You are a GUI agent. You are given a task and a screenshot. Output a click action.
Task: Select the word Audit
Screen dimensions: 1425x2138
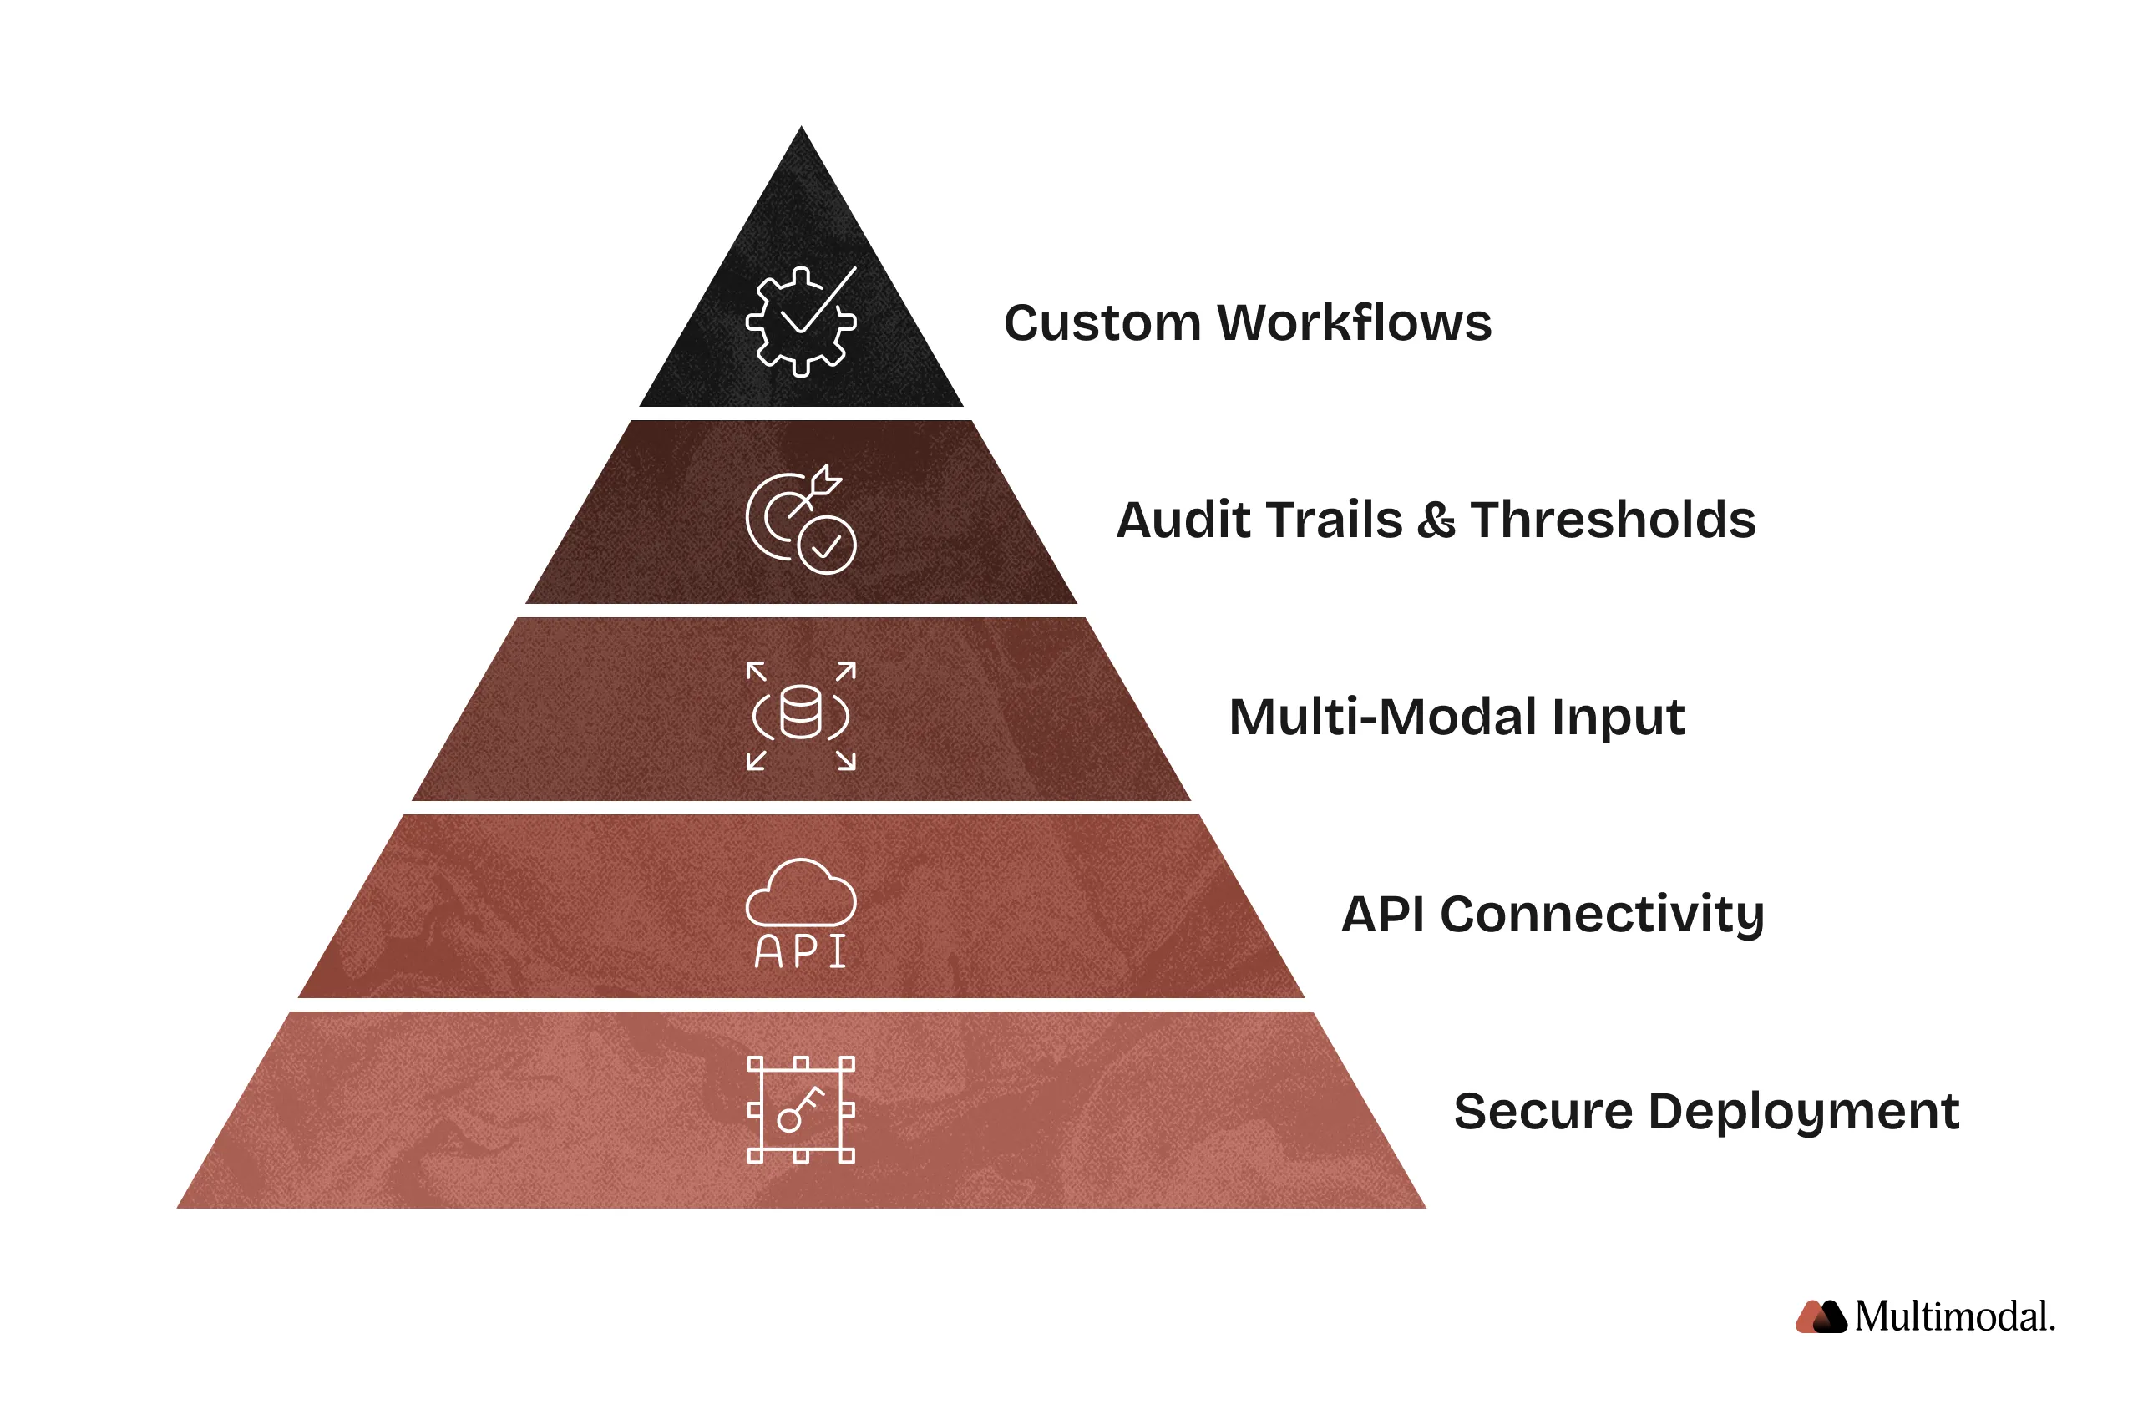click(x=1168, y=520)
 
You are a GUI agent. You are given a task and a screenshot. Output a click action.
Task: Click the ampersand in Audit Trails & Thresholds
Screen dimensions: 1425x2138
click(x=1436, y=520)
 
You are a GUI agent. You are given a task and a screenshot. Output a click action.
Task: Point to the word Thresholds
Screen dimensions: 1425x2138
click(x=1612, y=520)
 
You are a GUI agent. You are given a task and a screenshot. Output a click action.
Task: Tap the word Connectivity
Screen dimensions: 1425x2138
click(x=1601, y=915)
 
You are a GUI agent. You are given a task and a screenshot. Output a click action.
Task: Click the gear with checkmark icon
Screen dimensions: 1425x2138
click(x=801, y=321)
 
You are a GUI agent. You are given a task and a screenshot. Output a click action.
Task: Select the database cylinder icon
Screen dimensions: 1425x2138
click(x=801, y=713)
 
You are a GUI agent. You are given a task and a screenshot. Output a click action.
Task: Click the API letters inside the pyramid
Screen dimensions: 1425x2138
click(x=801, y=951)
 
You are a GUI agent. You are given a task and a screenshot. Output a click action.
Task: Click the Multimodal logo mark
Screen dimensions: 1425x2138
click(x=1820, y=1317)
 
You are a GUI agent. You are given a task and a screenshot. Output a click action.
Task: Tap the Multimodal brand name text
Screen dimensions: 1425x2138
click(x=1953, y=1317)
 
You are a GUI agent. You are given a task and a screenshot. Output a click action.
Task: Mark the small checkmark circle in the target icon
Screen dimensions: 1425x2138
click(x=826, y=545)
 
